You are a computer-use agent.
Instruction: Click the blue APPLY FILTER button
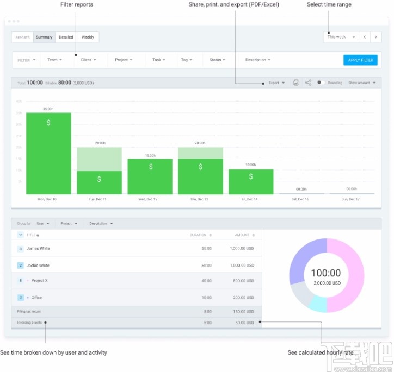tap(360, 60)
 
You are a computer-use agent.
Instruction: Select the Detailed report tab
tap(66, 37)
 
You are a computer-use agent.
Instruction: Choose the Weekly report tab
tap(88, 37)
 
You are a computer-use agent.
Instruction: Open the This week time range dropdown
tap(341, 37)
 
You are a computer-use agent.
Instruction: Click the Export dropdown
tap(276, 83)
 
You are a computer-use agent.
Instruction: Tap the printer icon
tap(296, 83)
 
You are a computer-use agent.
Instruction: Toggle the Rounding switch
tap(321, 83)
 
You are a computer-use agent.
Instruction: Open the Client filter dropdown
tap(88, 60)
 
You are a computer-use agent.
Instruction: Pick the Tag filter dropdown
tap(187, 60)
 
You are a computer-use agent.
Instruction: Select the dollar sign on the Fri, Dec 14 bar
tap(251, 176)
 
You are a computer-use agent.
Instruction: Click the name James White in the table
tap(38, 248)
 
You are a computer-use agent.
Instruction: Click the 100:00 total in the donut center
tap(327, 273)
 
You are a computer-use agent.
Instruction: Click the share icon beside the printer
tap(309, 83)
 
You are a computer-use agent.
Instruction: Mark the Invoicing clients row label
tap(29, 323)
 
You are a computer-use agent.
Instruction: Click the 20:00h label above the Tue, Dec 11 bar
tap(99, 143)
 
